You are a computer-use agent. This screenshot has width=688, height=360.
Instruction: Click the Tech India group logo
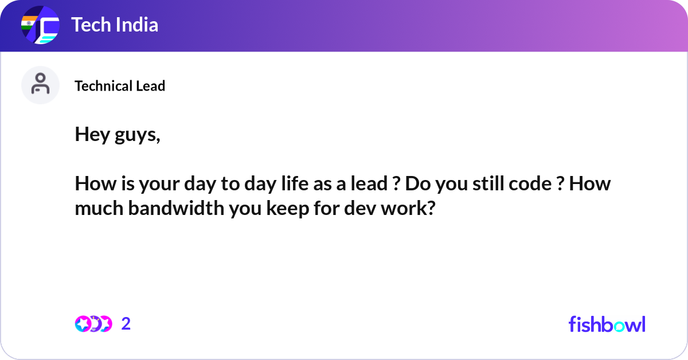pos(40,25)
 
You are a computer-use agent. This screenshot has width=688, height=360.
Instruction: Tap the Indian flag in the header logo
pos(29,23)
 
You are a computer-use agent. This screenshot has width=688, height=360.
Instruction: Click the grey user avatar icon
pos(40,85)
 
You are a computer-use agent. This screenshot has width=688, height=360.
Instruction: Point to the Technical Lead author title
pos(120,85)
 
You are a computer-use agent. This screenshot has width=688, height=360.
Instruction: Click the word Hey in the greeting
pos(92,135)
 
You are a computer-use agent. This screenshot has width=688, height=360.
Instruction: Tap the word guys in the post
pos(137,136)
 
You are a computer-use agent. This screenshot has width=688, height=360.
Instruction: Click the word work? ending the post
pos(408,208)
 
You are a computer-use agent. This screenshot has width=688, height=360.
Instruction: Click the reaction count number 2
pos(126,324)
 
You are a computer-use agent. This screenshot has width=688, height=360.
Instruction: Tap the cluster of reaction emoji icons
pos(93,324)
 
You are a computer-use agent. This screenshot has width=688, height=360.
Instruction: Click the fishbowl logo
pos(607,324)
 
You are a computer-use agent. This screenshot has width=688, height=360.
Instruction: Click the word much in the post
pos(99,208)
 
